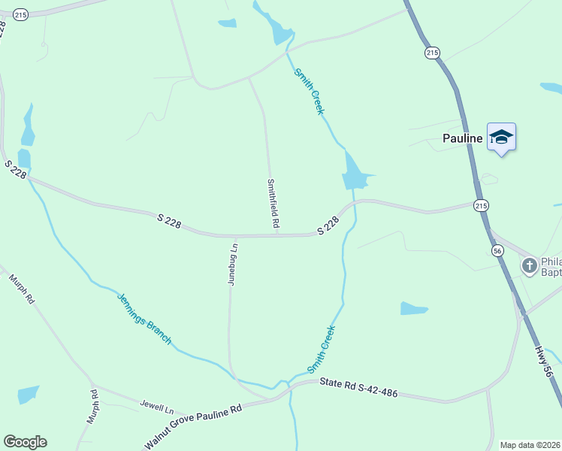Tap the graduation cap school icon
coord(501,137)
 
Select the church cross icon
coord(530,265)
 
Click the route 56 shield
coord(497,250)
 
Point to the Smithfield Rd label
coord(273,203)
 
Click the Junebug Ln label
coord(232,262)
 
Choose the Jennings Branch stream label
coord(144,319)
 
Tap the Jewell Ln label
coord(156,407)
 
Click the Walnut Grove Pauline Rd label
coord(194,427)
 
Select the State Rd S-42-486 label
coord(358,388)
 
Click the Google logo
coord(25,442)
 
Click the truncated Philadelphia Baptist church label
coord(551,266)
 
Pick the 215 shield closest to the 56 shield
coord(482,204)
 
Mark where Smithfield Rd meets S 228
coord(277,235)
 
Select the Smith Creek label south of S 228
coord(322,349)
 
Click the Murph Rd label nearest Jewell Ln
coord(93,406)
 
